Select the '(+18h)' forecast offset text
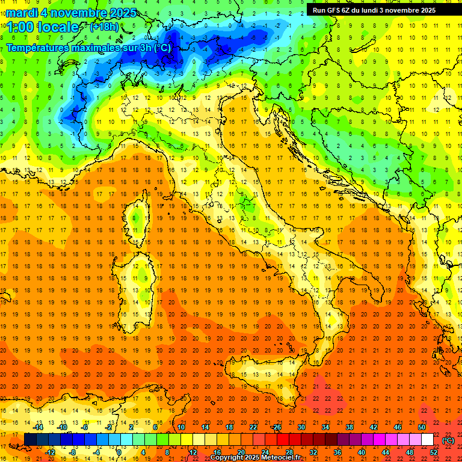(104, 27)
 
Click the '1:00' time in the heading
(19, 27)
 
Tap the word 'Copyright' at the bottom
(227, 458)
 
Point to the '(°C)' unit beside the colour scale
(448, 440)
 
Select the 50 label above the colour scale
(421, 427)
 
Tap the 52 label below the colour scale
(433, 452)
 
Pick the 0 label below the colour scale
(120, 452)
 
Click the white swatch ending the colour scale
(427, 440)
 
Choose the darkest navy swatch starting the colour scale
(30, 440)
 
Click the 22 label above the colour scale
(253, 427)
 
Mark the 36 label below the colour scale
(337, 452)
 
